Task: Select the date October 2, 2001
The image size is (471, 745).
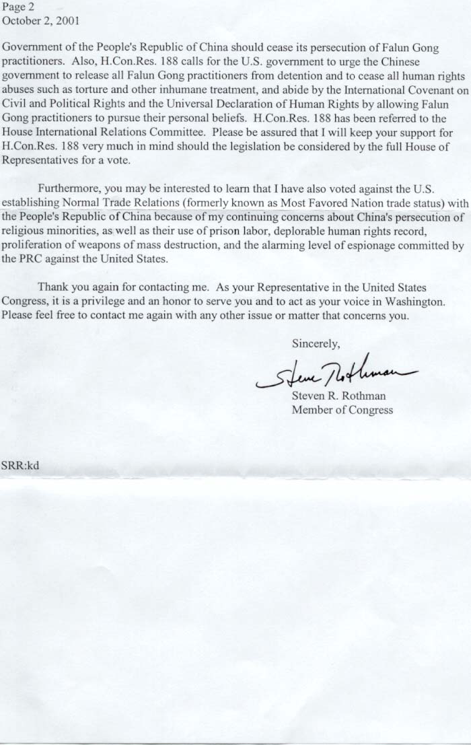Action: click(x=41, y=20)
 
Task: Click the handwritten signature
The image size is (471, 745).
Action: click(x=334, y=371)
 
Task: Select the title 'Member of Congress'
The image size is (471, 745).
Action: click(x=342, y=409)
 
